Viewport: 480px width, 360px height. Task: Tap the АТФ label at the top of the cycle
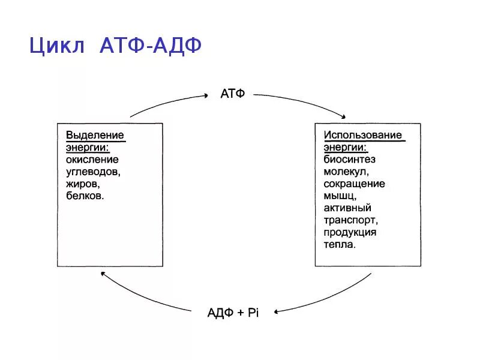233,95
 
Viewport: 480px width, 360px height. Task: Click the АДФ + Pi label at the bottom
233,313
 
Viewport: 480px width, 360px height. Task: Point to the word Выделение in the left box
95,135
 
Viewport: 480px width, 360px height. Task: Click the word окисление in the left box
92,160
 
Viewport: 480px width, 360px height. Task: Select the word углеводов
93,172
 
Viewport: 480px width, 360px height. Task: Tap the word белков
85,196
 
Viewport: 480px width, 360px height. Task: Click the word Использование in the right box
363,135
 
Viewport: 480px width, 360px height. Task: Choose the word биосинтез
350,160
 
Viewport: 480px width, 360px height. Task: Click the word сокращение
355,184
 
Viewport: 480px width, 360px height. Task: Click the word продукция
350,232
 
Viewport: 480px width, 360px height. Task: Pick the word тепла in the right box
340,244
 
